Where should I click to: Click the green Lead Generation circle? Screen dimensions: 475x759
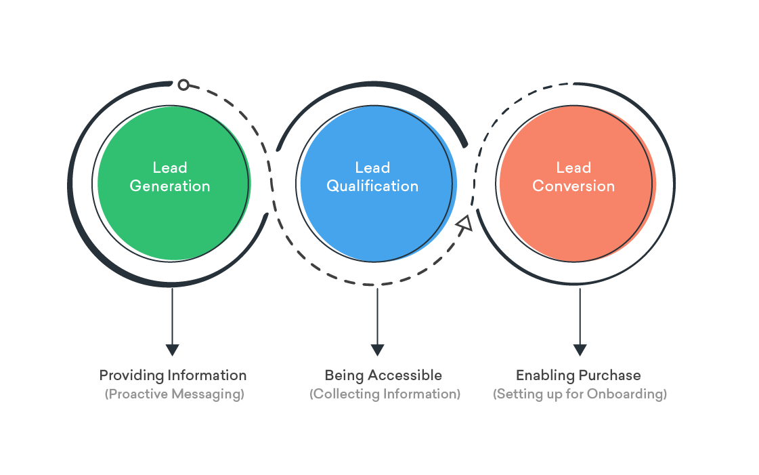point(173,217)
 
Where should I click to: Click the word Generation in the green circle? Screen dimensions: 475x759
point(170,186)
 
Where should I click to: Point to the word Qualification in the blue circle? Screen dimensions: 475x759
point(372,186)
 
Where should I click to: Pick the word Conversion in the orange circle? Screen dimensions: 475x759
point(573,186)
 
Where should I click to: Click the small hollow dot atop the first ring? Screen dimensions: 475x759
point(183,85)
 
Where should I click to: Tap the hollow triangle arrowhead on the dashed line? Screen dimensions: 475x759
point(464,224)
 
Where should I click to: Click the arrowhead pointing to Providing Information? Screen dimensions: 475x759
point(173,350)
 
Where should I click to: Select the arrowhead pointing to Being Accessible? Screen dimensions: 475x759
point(378,350)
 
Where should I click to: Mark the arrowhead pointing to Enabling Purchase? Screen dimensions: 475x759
point(580,350)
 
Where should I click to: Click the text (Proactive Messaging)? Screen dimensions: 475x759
point(174,394)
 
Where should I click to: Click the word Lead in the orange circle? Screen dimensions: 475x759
point(573,168)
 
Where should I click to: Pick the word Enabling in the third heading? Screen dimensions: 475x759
point(544,375)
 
